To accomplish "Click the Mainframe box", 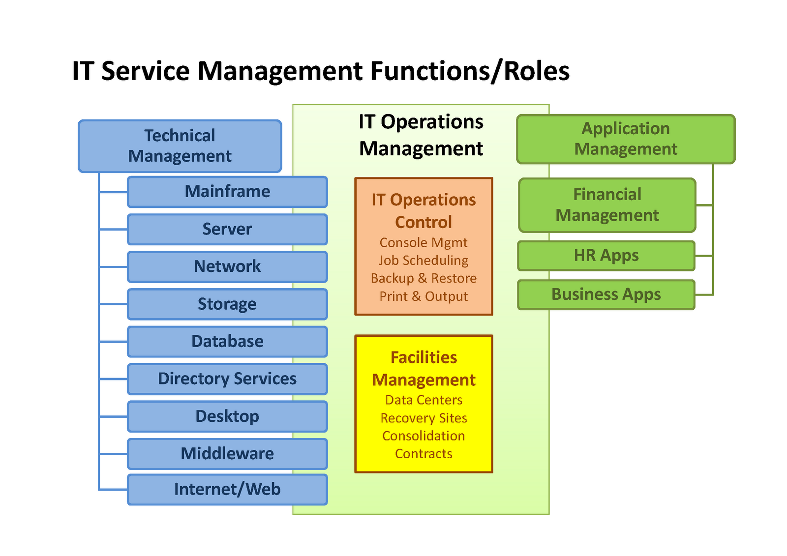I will coord(227,192).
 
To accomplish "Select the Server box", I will coord(227,229).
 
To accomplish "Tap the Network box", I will coord(227,266).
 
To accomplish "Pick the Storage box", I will coord(227,304).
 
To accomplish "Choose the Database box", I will coord(227,341).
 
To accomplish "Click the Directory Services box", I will coord(227,379).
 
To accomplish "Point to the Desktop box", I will coord(227,416).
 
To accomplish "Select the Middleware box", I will coord(227,454).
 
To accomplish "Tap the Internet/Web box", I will coord(227,490).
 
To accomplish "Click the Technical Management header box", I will coord(180,146).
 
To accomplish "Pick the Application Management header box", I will coord(626,139).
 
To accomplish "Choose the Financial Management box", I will coord(607,205).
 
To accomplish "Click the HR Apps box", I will coord(606,256).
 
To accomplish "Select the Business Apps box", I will coord(606,294).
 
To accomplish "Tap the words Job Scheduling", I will coord(424,261).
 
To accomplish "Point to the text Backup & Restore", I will coord(424,278).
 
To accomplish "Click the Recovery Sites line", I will coord(424,418).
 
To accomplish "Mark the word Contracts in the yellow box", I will coord(424,454).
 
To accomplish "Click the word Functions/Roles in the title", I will coord(470,71).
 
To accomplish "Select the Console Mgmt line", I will coord(424,243).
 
